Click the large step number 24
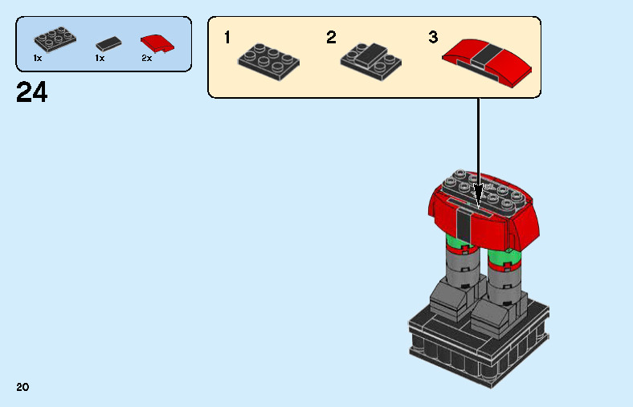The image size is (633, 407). tap(31, 93)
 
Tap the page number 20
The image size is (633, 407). tap(22, 388)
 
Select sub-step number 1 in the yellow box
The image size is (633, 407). tap(227, 38)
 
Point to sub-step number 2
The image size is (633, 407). tap(331, 38)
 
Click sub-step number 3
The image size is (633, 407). tap(433, 38)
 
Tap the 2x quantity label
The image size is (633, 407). tap(147, 59)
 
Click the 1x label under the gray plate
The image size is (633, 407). tap(38, 59)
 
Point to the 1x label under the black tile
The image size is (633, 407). tap(100, 59)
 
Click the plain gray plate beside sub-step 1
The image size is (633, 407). tap(273, 57)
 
